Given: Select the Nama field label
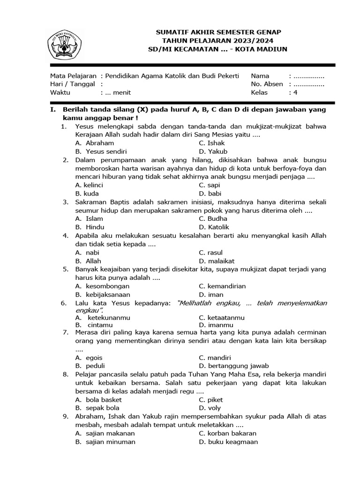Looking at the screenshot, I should pyautogui.click(x=260, y=75).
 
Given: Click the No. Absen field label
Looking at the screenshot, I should pyautogui.click(x=267, y=84).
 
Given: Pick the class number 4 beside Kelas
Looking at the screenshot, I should pyautogui.click(x=295, y=92).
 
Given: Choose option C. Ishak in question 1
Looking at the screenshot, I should pyautogui.click(x=211, y=143).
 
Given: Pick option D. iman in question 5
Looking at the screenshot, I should pyautogui.click(x=210, y=294).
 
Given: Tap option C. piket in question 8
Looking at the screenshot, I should pyautogui.click(x=210, y=399).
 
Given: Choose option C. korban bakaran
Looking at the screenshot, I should pyautogui.click(x=227, y=433).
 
